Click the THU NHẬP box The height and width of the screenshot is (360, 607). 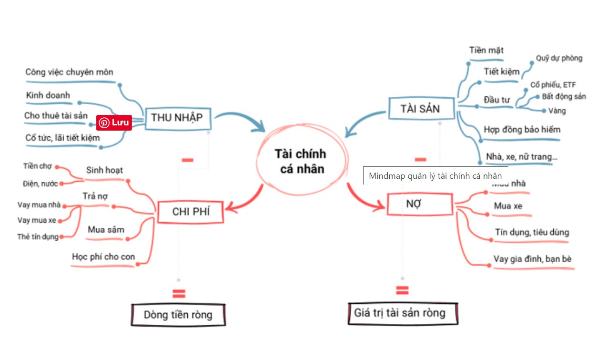pyautogui.click(x=177, y=118)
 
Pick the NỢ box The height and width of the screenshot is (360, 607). pyautogui.click(x=419, y=205)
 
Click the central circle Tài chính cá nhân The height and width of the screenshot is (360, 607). pyautogui.click(x=300, y=161)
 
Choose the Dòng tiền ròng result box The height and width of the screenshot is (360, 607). pyautogui.click(x=178, y=315)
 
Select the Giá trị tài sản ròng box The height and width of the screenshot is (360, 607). pyautogui.click(x=403, y=313)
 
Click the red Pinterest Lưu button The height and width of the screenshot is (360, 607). pyautogui.click(x=114, y=123)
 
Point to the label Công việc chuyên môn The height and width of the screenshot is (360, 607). pyautogui.click(x=70, y=72)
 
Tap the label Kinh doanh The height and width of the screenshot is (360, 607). pyautogui.click(x=48, y=95)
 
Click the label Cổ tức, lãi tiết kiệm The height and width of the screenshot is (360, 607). pyautogui.click(x=63, y=138)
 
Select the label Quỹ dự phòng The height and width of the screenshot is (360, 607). pyautogui.click(x=559, y=58)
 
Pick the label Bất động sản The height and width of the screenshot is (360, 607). pyautogui.click(x=564, y=96)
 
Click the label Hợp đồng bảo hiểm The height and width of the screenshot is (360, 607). pyautogui.click(x=522, y=130)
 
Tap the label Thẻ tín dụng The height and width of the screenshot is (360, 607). pyautogui.click(x=38, y=237)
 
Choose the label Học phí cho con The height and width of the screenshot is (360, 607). pyautogui.click(x=103, y=257)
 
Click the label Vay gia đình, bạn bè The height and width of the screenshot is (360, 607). pyautogui.click(x=532, y=259)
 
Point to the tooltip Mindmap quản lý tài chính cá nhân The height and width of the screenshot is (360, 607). pyautogui.click(x=435, y=175)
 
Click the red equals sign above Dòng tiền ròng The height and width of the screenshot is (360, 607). pyautogui.click(x=179, y=294)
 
